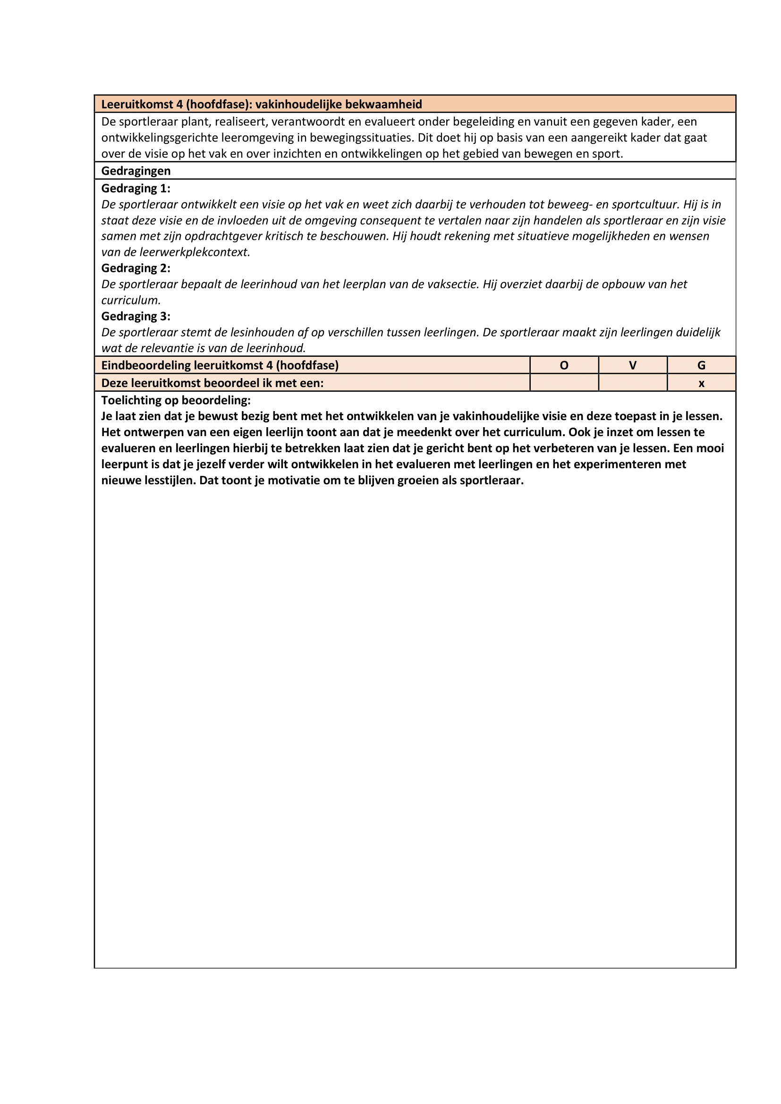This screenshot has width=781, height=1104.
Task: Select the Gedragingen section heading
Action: click(x=136, y=171)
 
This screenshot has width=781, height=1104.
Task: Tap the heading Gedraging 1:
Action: click(x=136, y=188)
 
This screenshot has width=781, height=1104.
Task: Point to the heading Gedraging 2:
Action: click(x=136, y=268)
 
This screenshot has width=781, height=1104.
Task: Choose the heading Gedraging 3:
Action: click(x=136, y=316)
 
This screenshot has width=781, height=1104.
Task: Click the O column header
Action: click(x=564, y=365)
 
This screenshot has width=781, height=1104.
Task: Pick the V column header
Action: click(x=633, y=365)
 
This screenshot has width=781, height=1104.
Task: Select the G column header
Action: click(x=701, y=365)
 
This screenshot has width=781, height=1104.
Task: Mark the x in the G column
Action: click(x=701, y=383)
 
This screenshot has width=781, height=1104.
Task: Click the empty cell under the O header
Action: click(x=564, y=383)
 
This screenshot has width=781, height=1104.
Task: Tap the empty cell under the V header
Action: click(x=633, y=383)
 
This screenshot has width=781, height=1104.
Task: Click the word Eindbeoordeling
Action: click(x=146, y=365)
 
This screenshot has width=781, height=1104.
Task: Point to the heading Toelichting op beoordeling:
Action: click(x=176, y=400)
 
